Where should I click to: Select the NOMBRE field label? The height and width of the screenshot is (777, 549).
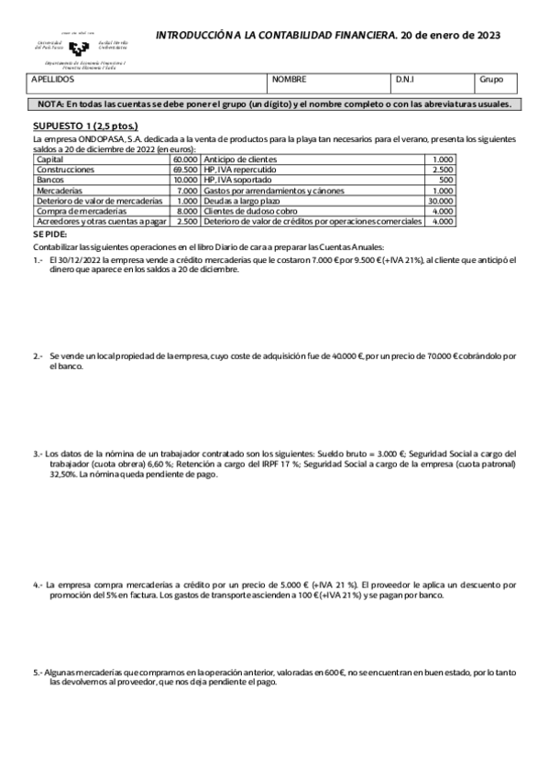290,80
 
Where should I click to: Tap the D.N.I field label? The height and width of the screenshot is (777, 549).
406,80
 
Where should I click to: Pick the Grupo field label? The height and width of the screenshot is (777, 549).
491,80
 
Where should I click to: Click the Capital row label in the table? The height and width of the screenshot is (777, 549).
49,159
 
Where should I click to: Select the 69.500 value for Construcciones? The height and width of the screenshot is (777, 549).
184,170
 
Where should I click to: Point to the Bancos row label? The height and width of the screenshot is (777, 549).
49,181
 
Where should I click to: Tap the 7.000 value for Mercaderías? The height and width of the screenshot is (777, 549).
187,191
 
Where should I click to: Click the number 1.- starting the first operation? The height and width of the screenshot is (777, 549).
38,259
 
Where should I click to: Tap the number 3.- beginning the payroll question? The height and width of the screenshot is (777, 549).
38,454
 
